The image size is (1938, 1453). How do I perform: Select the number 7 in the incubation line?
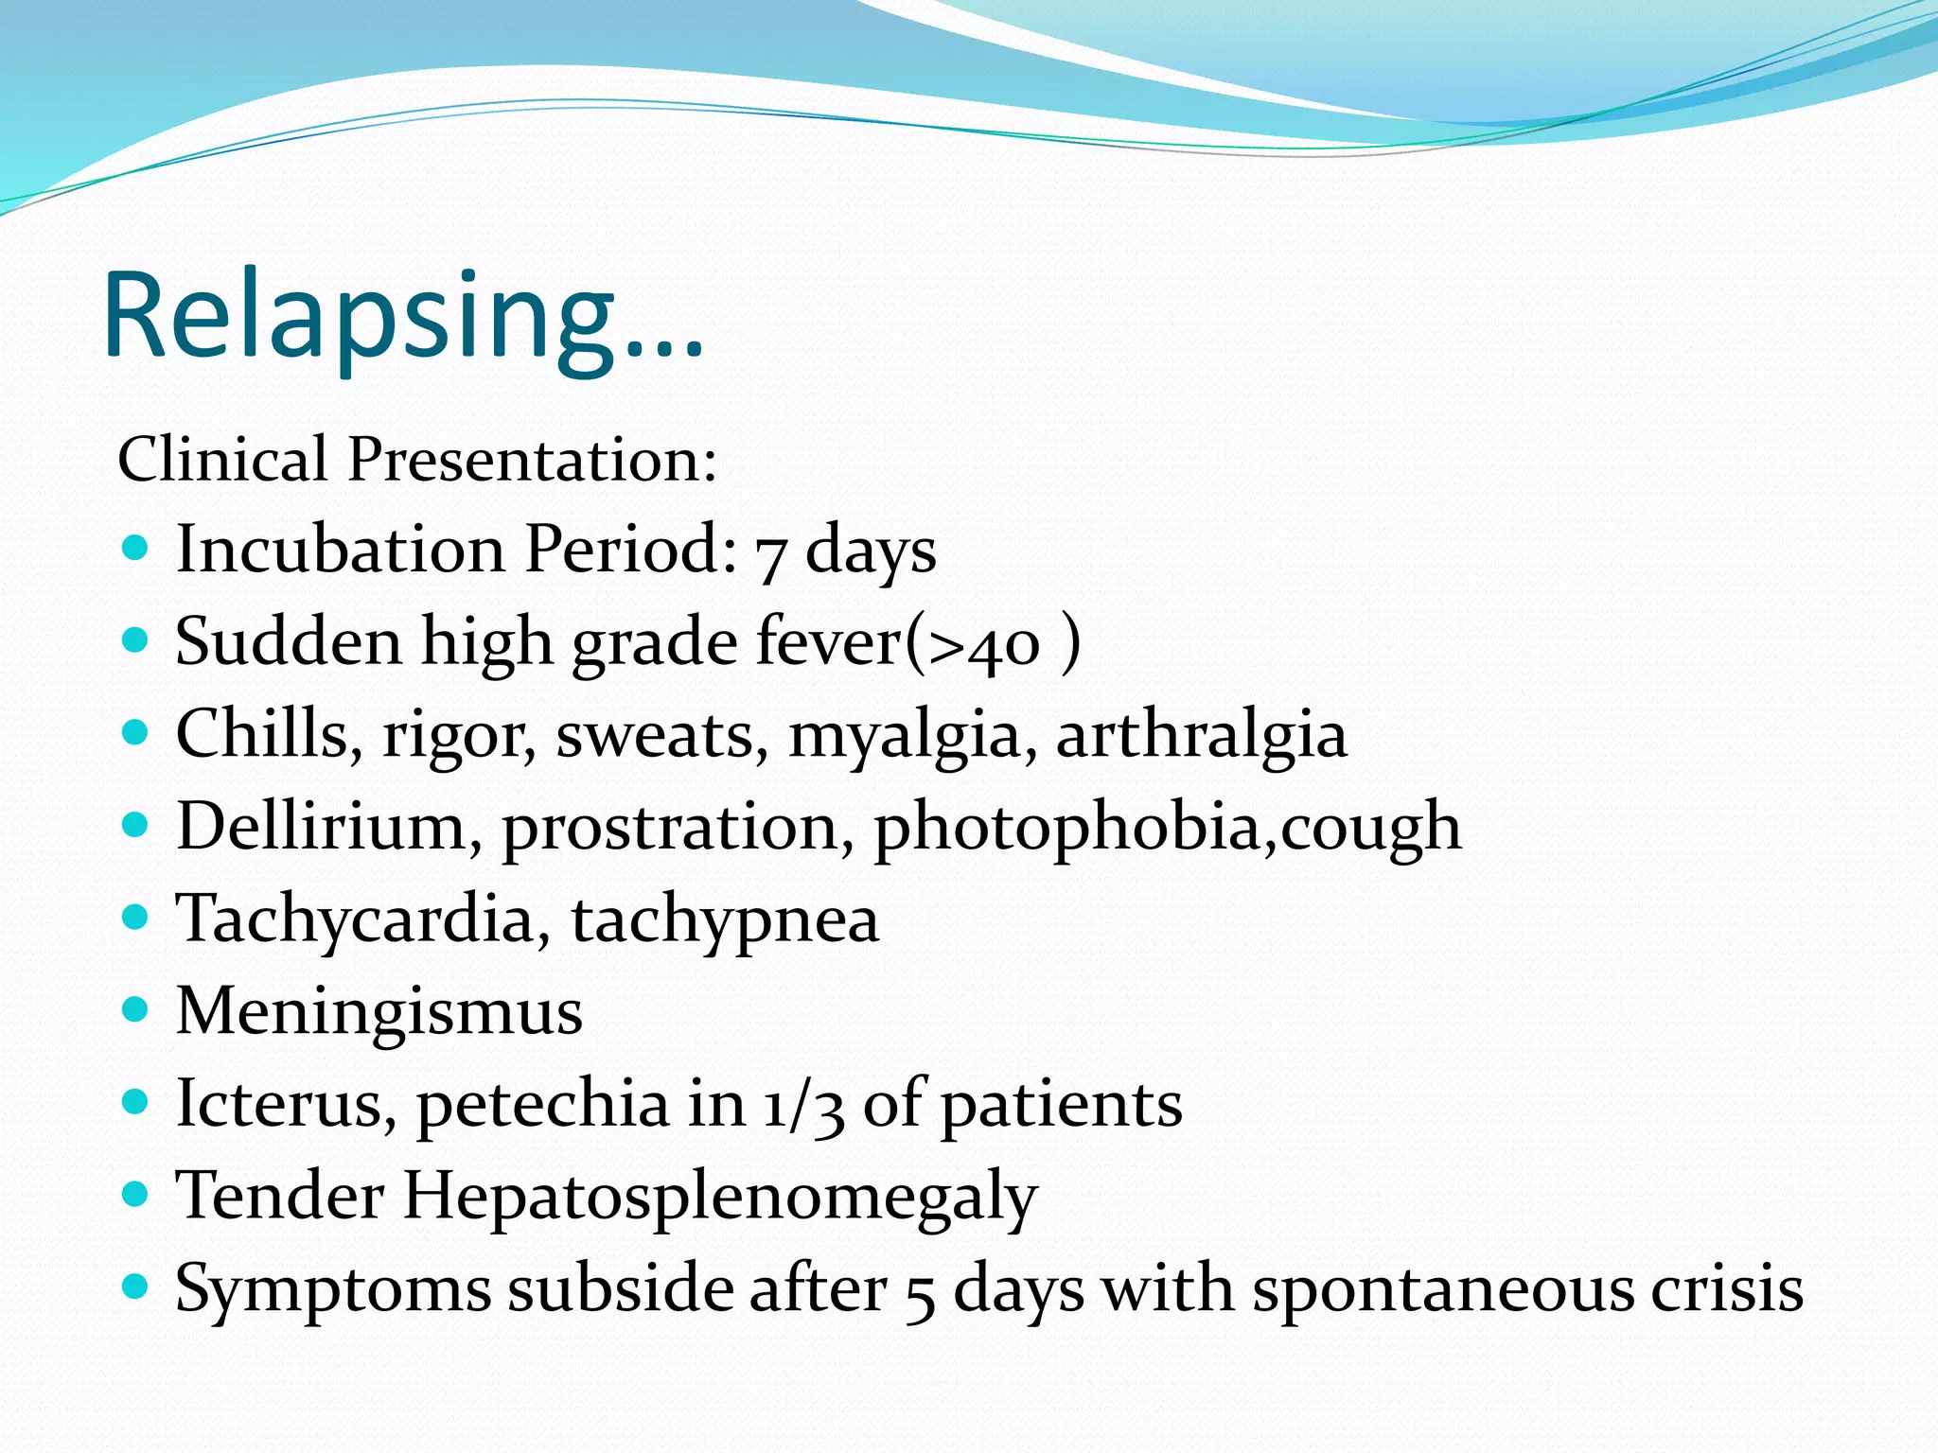pyautogui.click(x=770, y=555)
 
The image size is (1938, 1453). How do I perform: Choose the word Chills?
pyautogui.click(x=262, y=734)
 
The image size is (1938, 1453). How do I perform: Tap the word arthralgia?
pyautogui.click(x=1201, y=736)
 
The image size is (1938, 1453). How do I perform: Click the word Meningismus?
pyautogui.click(x=379, y=1010)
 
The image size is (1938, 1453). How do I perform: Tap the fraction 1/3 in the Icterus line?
pyautogui.click(x=803, y=1105)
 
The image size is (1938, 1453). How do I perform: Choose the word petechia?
pyautogui.click(x=542, y=1105)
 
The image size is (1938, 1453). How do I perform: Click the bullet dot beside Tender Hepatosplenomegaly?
pyautogui.click(x=136, y=1194)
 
